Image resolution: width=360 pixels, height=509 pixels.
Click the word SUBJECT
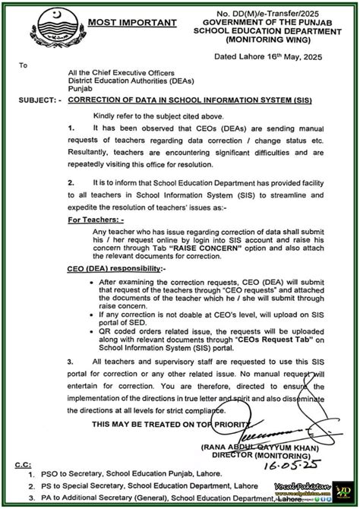pyautogui.click(x=30, y=100)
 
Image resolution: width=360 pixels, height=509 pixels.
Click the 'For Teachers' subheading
pyautogui.click(x=96, y=219)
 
